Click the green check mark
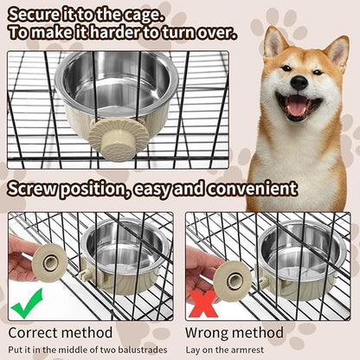(29, 303)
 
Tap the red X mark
(205, 304)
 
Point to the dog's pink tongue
(298, 106)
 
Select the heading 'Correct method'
(61, 331)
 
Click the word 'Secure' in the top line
(35, 13)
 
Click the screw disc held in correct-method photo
(50, 262)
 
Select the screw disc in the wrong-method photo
(233, 280)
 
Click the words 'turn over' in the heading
(198, 33)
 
